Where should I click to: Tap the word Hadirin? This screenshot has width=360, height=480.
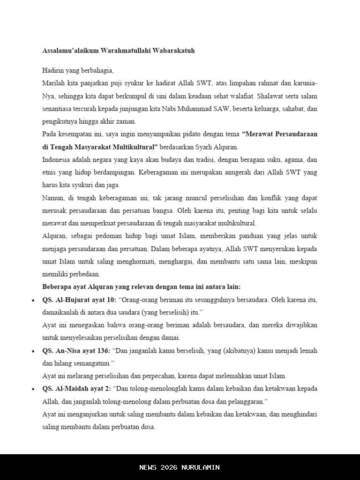tap(53, 71)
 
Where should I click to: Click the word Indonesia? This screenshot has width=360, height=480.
tap(57, 159)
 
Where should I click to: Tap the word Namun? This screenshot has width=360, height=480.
tap(53, 197)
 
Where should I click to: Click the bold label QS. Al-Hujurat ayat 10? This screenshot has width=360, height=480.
tap(79, 299)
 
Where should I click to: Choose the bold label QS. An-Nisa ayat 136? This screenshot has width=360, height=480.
tap(76, 350)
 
